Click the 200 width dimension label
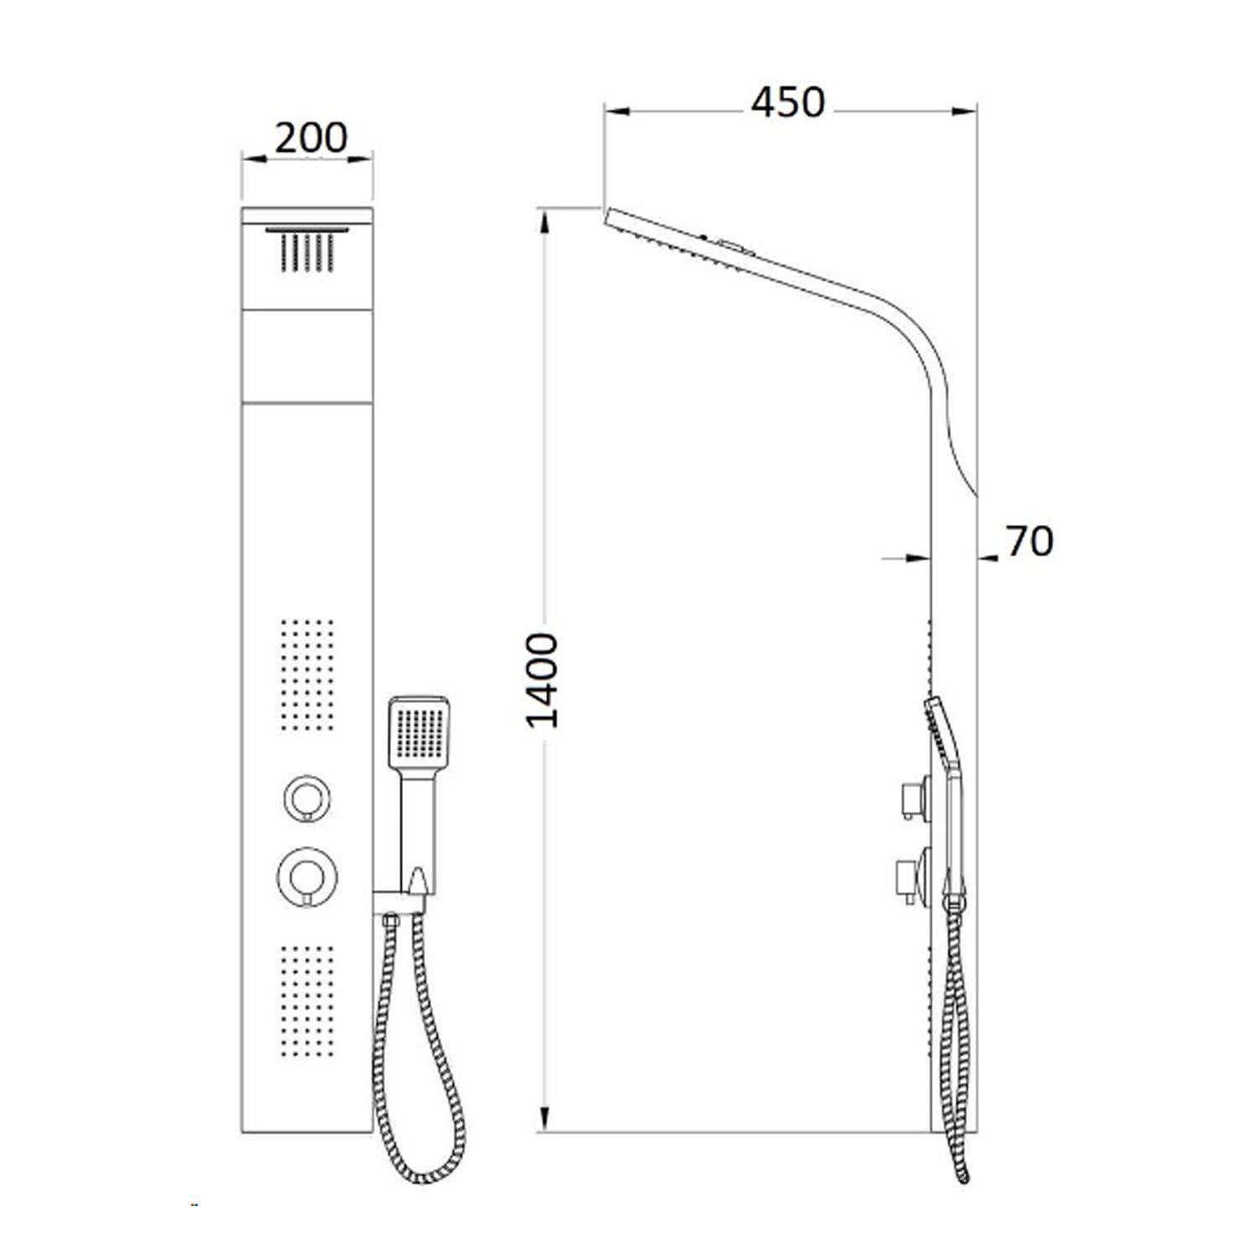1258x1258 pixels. (x=310, y=138)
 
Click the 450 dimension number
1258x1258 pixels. (x=788, y=102)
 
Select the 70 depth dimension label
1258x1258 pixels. (x=1029, y=542)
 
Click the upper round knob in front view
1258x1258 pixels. (x=306, y=798)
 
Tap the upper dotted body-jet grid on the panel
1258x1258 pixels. (x=307, y=674)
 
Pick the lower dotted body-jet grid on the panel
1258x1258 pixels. (x=307, y=1001)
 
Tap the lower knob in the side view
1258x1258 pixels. (x=913, y=876)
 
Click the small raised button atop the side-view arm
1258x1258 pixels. (x=735, y=247)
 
